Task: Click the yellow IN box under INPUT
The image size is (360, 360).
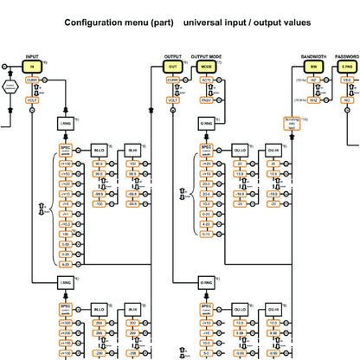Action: [x=33, y=66]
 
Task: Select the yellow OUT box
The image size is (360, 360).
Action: [x=172, y=66]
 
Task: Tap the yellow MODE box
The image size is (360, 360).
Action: [x=206, y=66]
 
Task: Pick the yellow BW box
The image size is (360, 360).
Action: [x=313, y=66]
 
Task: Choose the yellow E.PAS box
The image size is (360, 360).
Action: [x=346, y=66]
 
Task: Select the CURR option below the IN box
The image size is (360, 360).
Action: [x=32, y=80]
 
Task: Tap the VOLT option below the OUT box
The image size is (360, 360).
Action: [x=172, y=100]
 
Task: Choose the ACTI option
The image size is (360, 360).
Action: [x=206, y=80]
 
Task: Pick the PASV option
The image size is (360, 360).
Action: [x=206, y=100]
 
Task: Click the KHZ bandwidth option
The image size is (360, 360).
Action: [x=313, y=100]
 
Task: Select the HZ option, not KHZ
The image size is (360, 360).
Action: [x=313, y=80]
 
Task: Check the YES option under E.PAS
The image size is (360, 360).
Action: [x=346, y=80]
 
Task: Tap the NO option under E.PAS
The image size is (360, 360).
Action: [x=346, y=100]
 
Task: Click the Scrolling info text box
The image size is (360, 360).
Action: [x=291, y=125]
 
